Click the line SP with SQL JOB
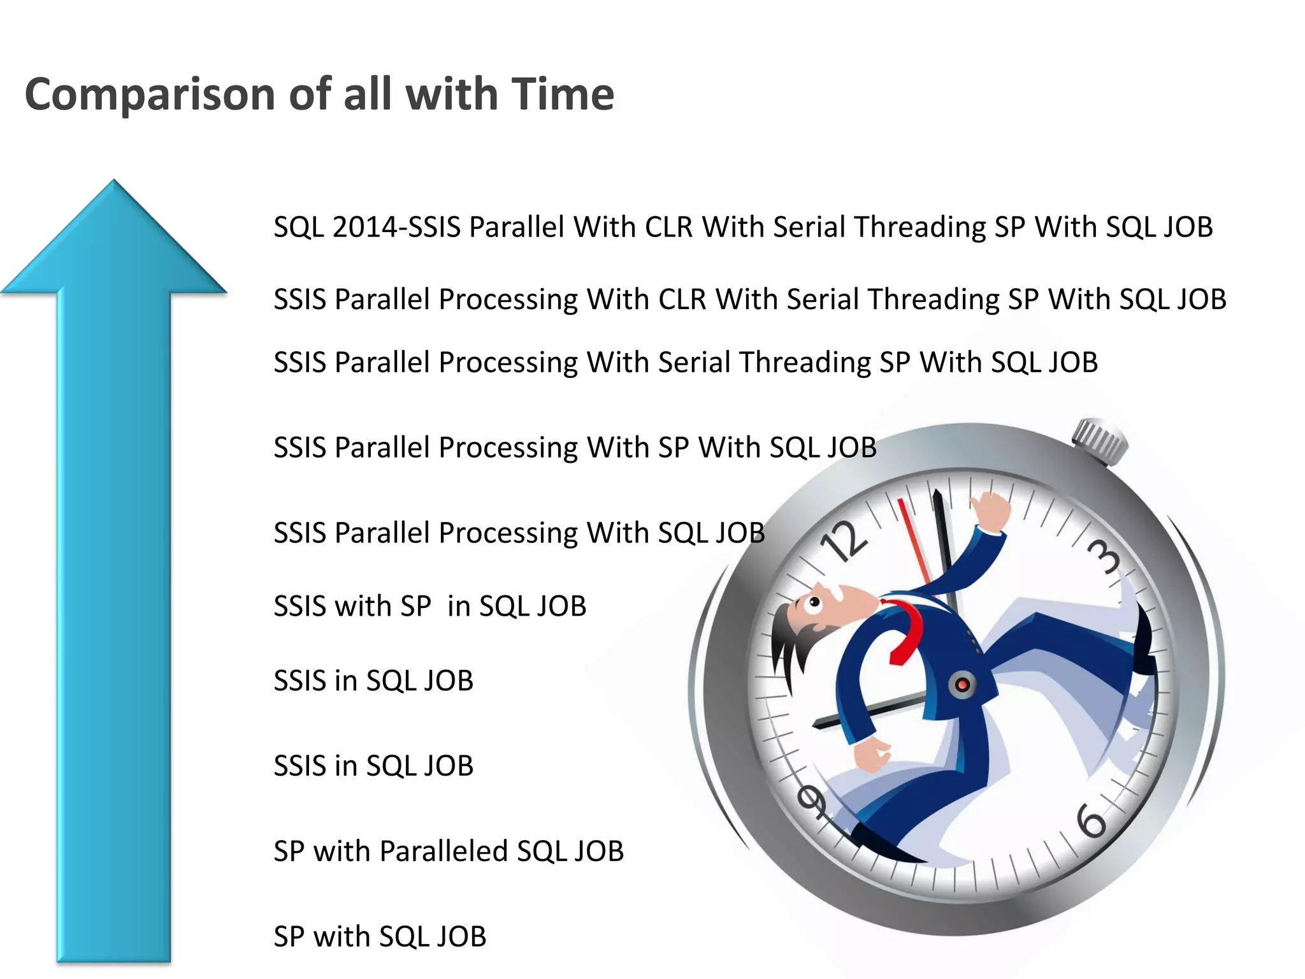pyautogui.click(x=380, y=937)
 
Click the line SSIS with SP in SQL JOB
pyautogui.click(x=429, y=606)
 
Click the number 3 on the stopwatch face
pyautogui.click(x=1104, y=556)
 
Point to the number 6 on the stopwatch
pyautogui.click(x=1092, y=822)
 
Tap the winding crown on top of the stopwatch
pyautogui.click(x=1100, y=440)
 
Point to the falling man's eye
pyautogui.click(x=814, y=602)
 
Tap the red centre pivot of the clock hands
pyautogui.click(x=962, y=685)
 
